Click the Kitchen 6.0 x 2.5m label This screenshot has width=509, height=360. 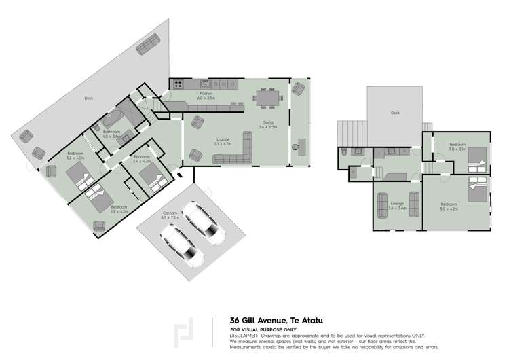click(206, 96)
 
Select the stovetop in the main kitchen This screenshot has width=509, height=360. click(178, 84)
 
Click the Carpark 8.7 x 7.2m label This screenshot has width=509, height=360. click(170, 215)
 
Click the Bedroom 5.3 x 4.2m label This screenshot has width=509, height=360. click(119, 209)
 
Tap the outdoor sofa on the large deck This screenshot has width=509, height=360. click(149, 46)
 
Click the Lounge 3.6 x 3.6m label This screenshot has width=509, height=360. click(397, 206)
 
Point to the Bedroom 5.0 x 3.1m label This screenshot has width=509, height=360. click(457, 147)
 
